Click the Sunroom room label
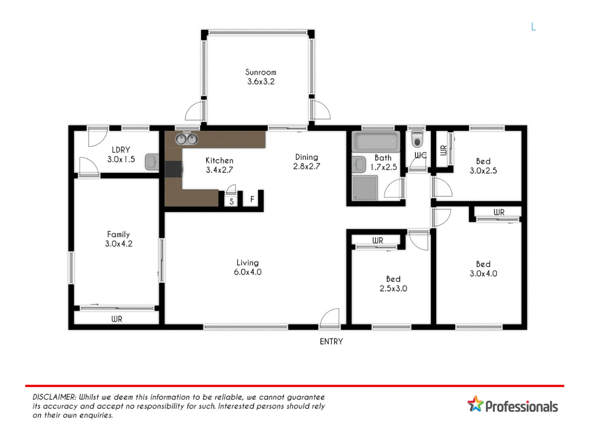pos(261,72)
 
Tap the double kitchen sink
pos(186,140)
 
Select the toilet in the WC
pos(417,139)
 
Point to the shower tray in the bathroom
pos(364,188)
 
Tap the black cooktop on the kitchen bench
pos(174,169)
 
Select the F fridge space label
pos(252,199)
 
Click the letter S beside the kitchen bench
pos(231,201)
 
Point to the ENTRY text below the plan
pos(331,342)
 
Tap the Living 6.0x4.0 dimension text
pos(248,272)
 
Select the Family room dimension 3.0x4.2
pos(119,244)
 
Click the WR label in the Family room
pos(117,319)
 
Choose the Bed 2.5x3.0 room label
pos(393,279)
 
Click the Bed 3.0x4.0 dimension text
pos(483,274)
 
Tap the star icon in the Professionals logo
pos(475,404)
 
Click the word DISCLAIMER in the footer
pos(54,397)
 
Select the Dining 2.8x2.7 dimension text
pos(306,166)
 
